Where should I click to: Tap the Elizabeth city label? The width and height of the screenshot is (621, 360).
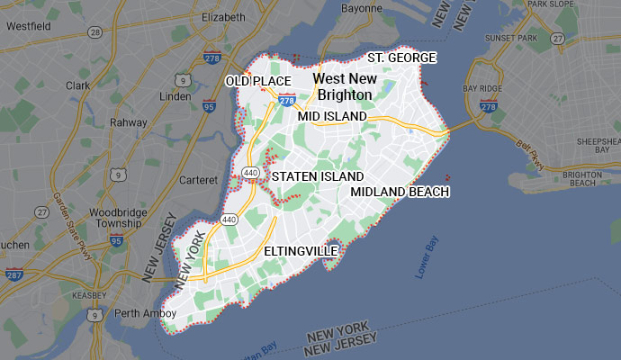pyautogui.click(x=223, y=17)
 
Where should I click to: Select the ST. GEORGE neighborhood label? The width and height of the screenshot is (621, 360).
pyautogui.click(x=402, y=58)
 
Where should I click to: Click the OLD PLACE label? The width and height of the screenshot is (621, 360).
pyautogui.click(x=258, y=82)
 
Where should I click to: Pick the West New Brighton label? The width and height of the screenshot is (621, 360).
pyautogui.click(x=344, y=86)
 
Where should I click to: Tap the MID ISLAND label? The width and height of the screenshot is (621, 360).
pyautogui.click(x=332, y=117)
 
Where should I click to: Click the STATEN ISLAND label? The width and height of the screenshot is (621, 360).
pyautogui.click(x=318, y=176)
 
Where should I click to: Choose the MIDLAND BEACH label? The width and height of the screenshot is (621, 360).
pyautogui.click(x=400, y=192)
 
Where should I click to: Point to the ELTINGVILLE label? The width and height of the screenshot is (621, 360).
pyautogui.click(x=301, y=250)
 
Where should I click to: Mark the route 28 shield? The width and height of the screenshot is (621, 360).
pyautogui.click(x=94, y=31)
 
